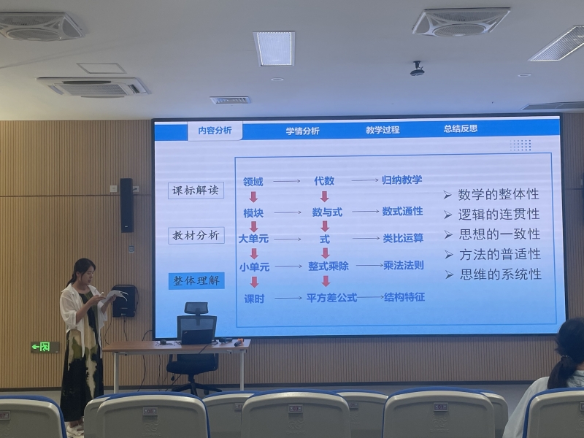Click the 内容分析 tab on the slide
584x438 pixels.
pyautogui.click(x=215, y=131)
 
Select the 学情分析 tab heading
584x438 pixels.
pyautogui.click(x=302, y=131)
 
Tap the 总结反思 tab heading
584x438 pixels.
pyautogui.click(x=461, y=129)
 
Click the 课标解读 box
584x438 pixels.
pyautogui.click(x=196, y=191)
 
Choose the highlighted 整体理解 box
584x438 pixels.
pyautogui.click(x=196, y=281)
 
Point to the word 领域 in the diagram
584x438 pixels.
pyautogui.click(x=253, y=182)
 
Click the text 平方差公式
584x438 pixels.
pyautogui.click(x=331, y=298)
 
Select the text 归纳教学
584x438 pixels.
pyautogui.click(x=402, y=180)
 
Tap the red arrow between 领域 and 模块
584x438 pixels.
pyautogui.click(x=253, y=197)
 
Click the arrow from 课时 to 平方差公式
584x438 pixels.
pyautogui.click(x=288, y=298)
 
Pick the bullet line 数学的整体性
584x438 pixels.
pyautogui.click(x=491, y=194)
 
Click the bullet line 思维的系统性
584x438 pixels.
pyautogui.click(x=493, y=274)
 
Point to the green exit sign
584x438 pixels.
pyautogui.click(x=45, y=347)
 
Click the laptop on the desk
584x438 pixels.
pyautogui.click(x=196, y=331)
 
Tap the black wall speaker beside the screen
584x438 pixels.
pyautogui.click(x=126, y=205)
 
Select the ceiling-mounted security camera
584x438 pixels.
pyautogui.click(x=417, y=69)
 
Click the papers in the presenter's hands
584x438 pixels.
pyautogui.click(x=115, y=295)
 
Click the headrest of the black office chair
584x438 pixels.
pyautogui.click(x=196, y=308)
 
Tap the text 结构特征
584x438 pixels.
pyautogui.click(x=404, y=297)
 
